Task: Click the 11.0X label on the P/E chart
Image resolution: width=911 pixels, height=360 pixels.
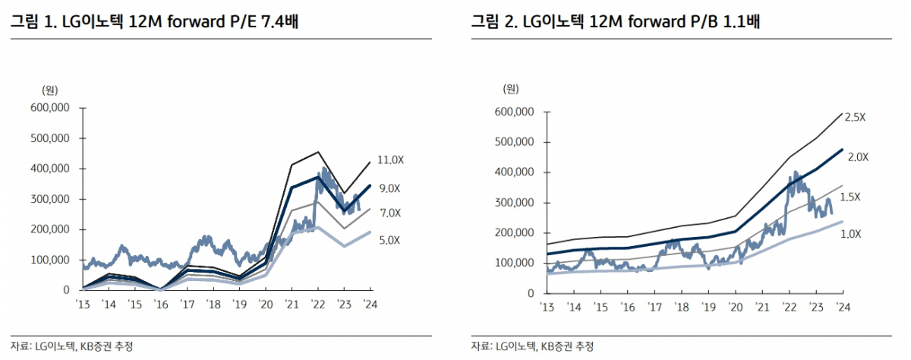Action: pos(392,159)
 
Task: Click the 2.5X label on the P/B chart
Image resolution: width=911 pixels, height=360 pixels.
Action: pos(855,117)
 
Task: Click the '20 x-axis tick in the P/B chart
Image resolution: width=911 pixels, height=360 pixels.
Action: pos(736,307)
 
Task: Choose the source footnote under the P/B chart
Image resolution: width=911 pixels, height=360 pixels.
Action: pos(532,346)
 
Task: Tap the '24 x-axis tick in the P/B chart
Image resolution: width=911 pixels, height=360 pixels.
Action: pos(842,307)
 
